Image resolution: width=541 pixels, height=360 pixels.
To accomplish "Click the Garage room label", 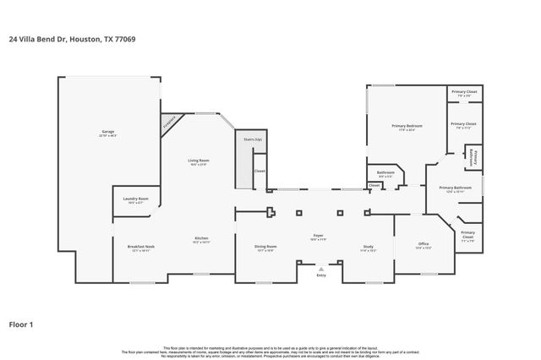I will pyautogui.click(x=108, y=133).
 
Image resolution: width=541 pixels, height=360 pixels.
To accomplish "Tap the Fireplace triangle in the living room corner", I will pyautogui.click(x=170, y=124).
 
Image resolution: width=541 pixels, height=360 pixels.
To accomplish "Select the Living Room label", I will pyautogui.click(x=199, y=161).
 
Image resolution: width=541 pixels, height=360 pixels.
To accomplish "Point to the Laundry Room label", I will pyautogui.click(x=135, y=200).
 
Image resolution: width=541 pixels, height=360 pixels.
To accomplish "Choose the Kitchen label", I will pyautogui.click(x=201, y=239).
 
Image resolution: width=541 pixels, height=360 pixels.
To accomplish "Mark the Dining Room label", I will pyautogui.click(x=265, y=247).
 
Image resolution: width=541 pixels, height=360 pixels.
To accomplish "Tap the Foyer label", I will pyautogui.click(x=318, y=237).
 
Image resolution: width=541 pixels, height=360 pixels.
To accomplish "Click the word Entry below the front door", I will pyautogui.click(x=321, y=275).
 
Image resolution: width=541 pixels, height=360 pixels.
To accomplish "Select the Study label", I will pyautogui.click(x=368, y=247).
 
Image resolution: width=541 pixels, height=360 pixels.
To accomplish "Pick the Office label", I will pyautogui.click(x=424, y=246).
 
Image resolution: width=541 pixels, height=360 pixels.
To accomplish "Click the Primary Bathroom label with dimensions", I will pyautogui.click(x=455, y=188).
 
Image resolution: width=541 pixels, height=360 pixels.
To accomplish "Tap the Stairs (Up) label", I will pyautogui.click(x=253, y=139).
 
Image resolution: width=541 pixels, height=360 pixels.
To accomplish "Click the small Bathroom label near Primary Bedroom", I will pyautogui.click(x=385, y=173).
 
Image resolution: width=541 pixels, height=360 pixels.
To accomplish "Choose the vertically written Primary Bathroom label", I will pyautogui.click(x=475, y=157).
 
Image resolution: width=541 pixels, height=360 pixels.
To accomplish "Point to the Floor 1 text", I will pyautogui.click(x=22, y=324).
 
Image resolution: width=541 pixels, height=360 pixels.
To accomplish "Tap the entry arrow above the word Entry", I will pyautogui.click(x=321, y=268).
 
